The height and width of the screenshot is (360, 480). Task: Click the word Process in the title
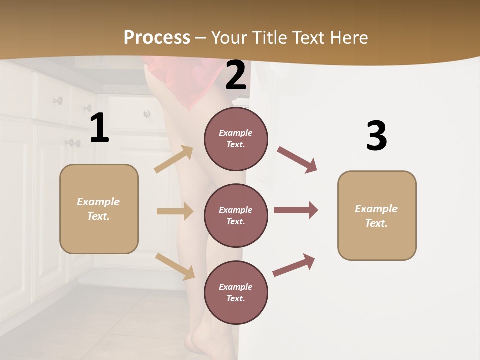[157, 37]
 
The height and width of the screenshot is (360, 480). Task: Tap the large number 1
[99, 128]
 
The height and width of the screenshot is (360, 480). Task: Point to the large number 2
[236, 76]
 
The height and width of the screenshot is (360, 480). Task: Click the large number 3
[376, 136]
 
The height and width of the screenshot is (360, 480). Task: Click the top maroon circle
[236, 139]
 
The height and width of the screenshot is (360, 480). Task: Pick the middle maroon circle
[236, 216]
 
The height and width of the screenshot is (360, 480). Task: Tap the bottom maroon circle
[236, 293]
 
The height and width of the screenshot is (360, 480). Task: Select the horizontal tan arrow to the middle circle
[175, 211]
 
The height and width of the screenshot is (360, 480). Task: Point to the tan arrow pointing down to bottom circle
[175, 266]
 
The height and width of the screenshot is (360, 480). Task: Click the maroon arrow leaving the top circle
[297, 159]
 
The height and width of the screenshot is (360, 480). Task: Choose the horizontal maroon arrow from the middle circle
[296, 210]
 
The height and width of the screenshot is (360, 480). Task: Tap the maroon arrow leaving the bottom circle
[294, 265]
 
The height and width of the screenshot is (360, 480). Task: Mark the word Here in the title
[350, 37]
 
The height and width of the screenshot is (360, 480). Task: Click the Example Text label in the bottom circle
[236, 293]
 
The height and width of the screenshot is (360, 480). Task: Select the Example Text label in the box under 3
[376, 216]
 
